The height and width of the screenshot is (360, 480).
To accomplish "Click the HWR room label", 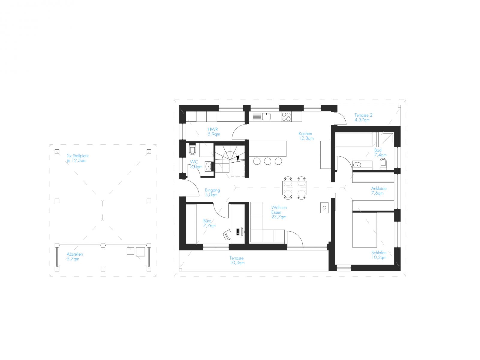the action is (x=214, y=132).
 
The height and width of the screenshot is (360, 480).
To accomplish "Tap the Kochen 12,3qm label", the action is (x=306, y=136).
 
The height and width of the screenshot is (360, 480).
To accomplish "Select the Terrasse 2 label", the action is (x=363, y=117).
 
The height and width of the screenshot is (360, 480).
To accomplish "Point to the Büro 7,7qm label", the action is (x=209, y=223).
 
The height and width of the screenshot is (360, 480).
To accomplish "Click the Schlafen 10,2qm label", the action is (x=379, y=255).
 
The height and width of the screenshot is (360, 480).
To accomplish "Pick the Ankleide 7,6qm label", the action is (x=379, y=190).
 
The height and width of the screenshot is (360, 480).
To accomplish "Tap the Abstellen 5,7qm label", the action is (x=75, y=256).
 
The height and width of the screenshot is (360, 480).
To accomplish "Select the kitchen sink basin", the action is (x=266, y=116).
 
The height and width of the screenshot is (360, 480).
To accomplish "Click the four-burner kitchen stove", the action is (x=286, y=117).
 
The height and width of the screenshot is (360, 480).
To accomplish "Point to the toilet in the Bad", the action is (x=383, y=163).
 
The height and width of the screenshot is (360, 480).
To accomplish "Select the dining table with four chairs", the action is (x=294, y=188).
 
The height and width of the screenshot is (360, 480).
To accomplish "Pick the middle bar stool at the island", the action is (x=267, y=161).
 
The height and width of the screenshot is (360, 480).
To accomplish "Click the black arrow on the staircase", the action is (x=238, y=159).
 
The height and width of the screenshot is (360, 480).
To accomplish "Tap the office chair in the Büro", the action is (x=226, y=234).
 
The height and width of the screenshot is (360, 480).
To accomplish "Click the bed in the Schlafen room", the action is (x=364, y=229).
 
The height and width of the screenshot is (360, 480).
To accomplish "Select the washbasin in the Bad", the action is (x=357, y=165).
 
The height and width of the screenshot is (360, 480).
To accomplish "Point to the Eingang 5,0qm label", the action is (x=212, y=192).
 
